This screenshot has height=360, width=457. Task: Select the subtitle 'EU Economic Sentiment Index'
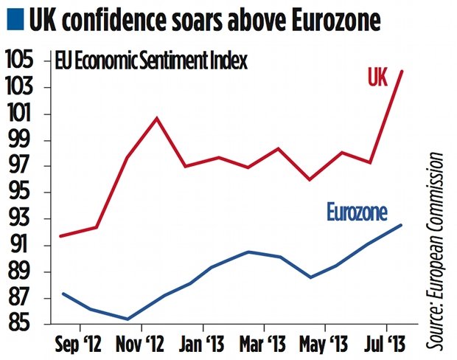[152, 60]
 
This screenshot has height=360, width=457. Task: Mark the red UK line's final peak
[402, 71]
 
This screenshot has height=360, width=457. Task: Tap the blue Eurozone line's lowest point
[128, 319]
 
